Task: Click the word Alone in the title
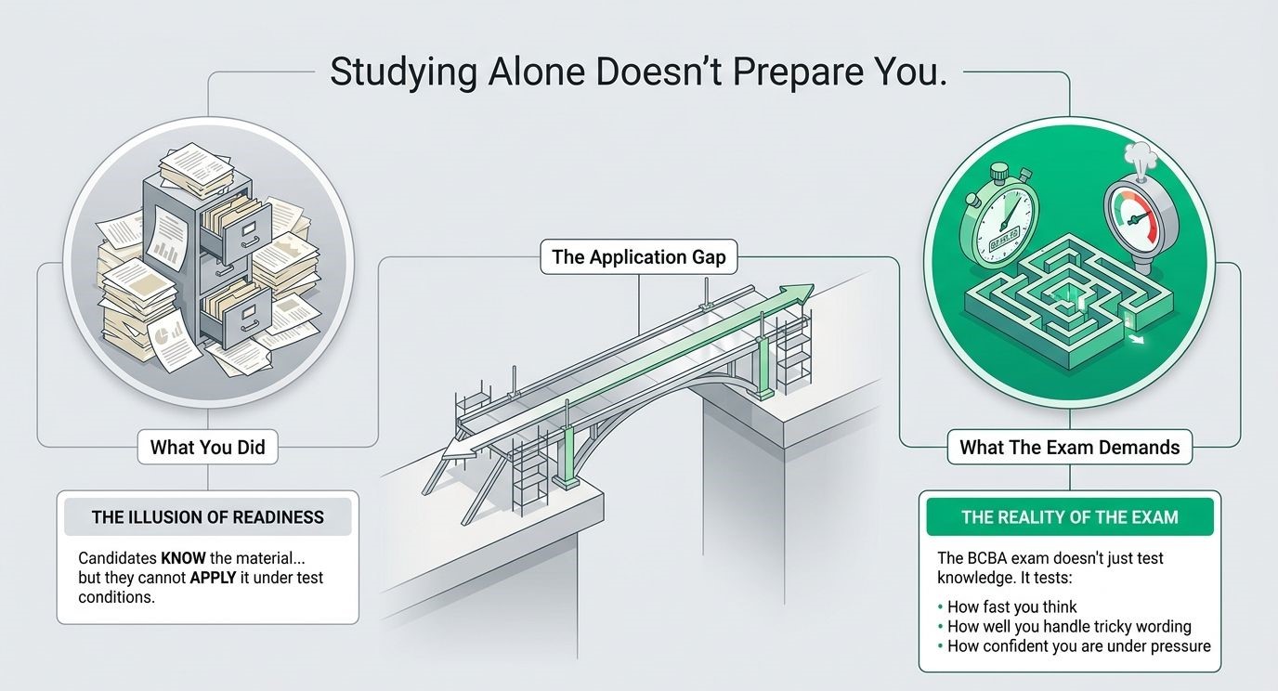(536, 72)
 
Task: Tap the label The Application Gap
(638, 256)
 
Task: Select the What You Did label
(208, 447)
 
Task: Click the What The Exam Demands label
(1069, 447)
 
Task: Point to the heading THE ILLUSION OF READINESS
(208, 517)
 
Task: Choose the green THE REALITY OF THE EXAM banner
(1070, 517)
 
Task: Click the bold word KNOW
(183, 557)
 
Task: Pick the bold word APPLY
(213, 578)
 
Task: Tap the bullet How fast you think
(1007, 606)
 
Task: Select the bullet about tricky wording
(1064, 627)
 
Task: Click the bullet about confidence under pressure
(1074, 646)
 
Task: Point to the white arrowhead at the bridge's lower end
(459, 450)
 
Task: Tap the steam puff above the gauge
(1140, 157)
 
